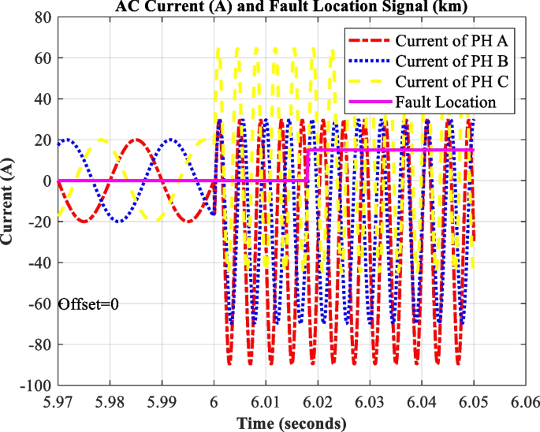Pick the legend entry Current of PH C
(445, 81)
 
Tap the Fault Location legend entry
(445, 102)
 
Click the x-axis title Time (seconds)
(291, 423)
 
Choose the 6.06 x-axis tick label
(525, 402)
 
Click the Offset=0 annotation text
(88, 304)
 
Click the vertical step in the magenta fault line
(307, 165)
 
